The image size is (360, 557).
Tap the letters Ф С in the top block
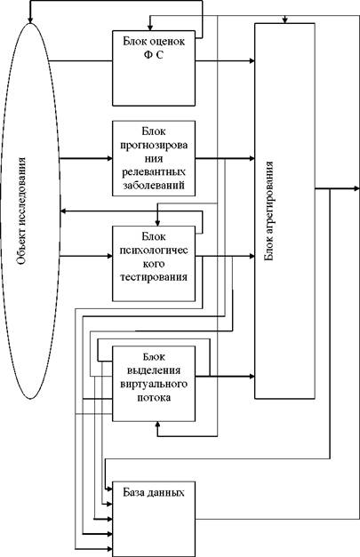(x=154, y=55)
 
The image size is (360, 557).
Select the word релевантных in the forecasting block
(x=154, y=172)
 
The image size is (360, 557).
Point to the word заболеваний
(x=154, y=186)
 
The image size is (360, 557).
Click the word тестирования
(x=154, y=277)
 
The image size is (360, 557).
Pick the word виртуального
(x=154, y=385)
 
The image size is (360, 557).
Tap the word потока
(x=154, y=397)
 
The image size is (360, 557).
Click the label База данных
(x=154, y=493)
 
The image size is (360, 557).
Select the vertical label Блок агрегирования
(x=269, y=211)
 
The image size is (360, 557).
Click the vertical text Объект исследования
(x=21, y=211)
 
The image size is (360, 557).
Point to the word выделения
(x=154, y=370)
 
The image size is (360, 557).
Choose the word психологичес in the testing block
(x=154, y=251)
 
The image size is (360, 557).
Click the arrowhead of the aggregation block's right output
(x=356, y=188)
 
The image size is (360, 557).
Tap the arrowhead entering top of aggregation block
(x=284, y=21)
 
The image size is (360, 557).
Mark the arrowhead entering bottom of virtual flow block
(x=157, y=425)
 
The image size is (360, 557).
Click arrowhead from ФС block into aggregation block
(x=252, y=60)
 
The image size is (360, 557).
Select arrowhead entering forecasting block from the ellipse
(x=109, y=158)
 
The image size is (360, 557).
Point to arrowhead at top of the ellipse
(x=30, y=20)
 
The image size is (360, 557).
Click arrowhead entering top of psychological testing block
(x=157, y=223)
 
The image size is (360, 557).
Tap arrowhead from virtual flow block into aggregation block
(x=252, y=376)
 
